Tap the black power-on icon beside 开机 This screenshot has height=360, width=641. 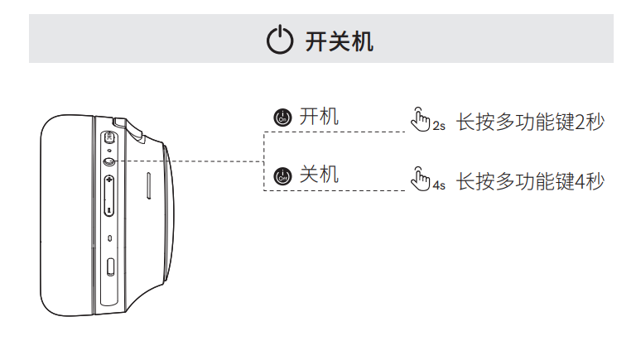[282, 118]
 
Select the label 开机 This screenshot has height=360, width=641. [319, 117]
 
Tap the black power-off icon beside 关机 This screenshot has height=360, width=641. [282, 175]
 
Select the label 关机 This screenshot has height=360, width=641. [319, 175]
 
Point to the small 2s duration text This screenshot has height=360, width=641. [439, 127]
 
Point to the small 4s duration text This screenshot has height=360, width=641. [439, 185]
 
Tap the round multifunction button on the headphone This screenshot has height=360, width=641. [110, 161]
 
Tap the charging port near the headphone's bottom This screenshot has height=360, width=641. [111, 267]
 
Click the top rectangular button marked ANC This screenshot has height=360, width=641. [110, 137]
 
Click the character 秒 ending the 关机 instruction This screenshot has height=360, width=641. [595, 180]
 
